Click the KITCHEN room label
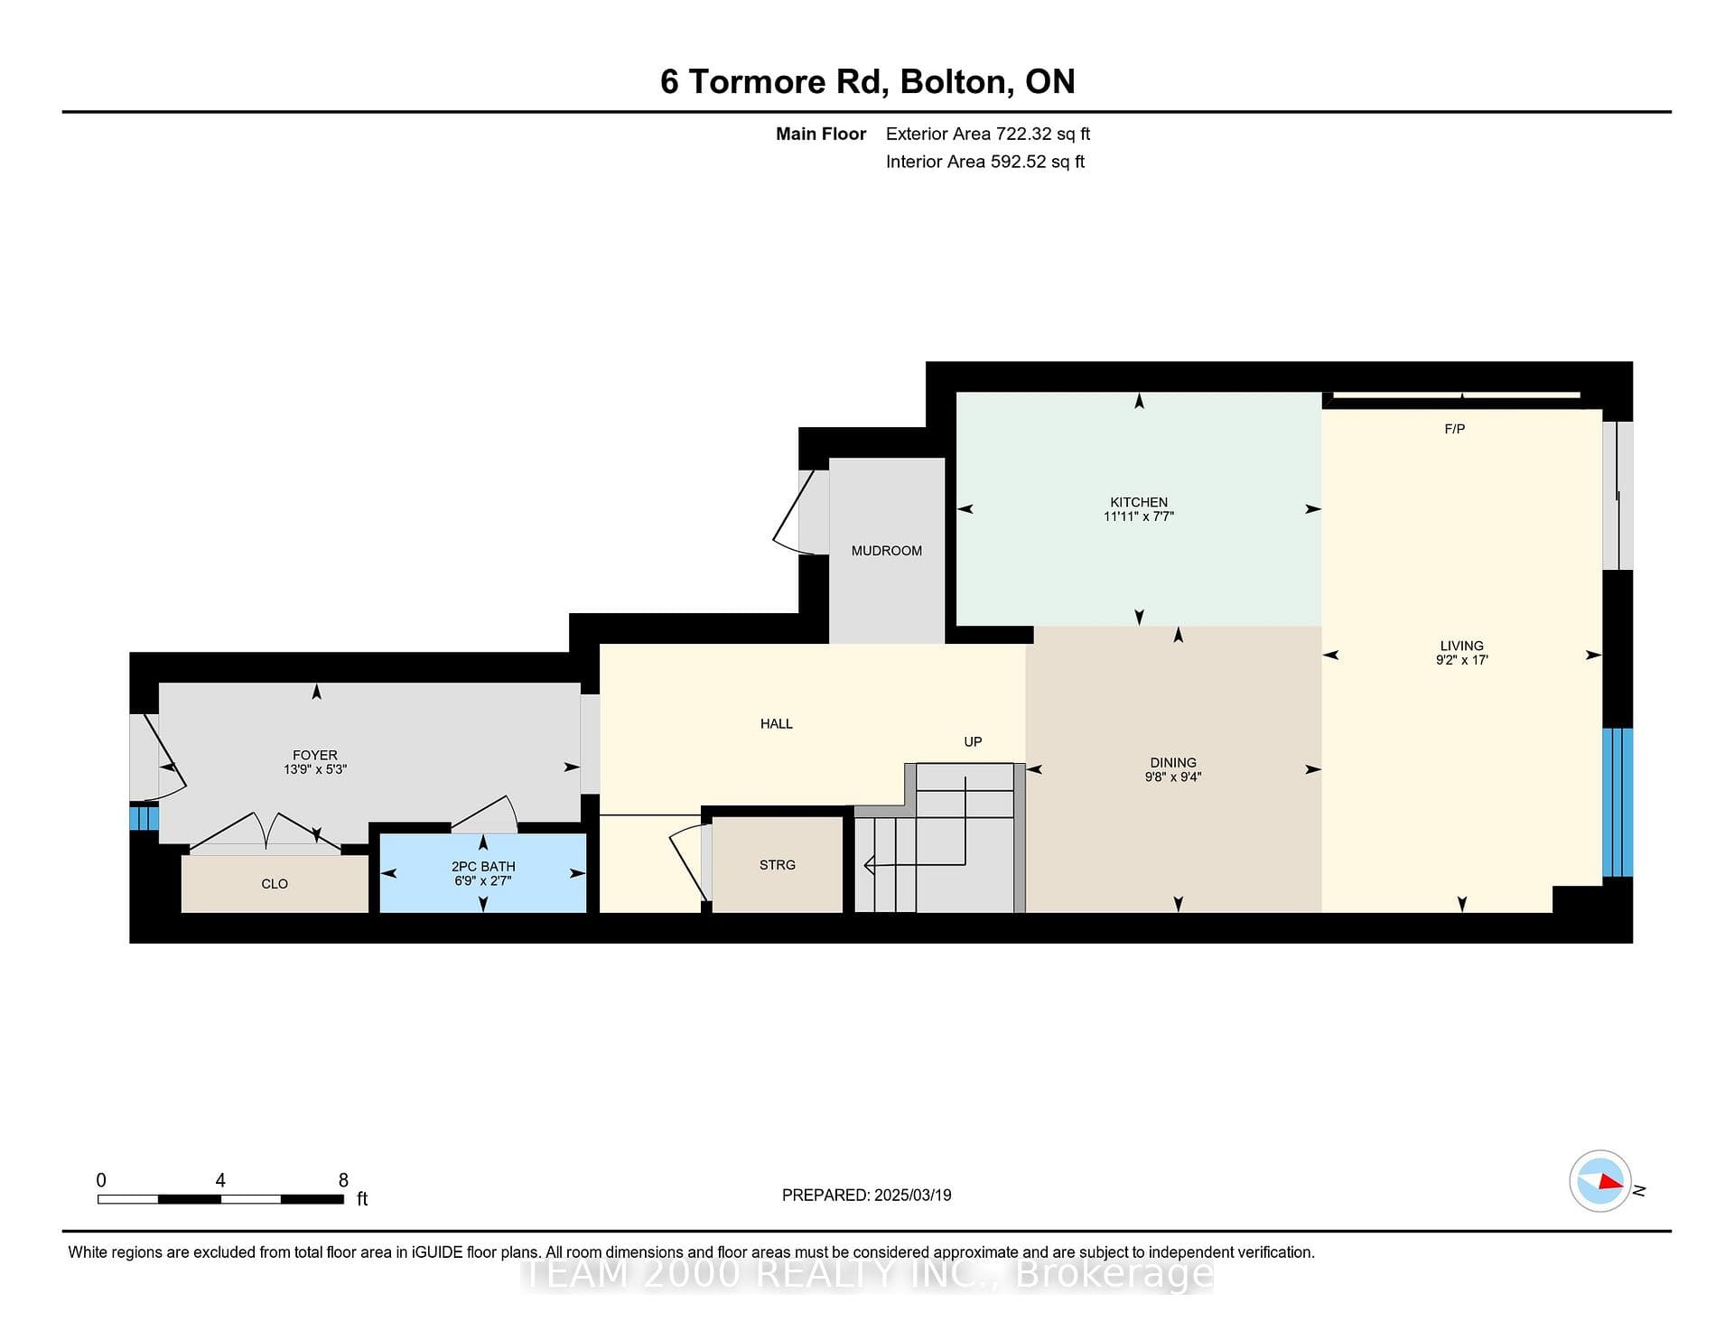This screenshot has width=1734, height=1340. pos(1139,502)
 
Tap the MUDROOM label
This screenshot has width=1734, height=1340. pos(887,551)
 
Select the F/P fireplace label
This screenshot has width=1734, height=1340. pos(1454,429)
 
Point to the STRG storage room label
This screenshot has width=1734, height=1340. pos(778,865)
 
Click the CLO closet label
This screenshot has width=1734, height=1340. pos(275,884)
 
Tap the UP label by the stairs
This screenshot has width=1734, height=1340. pos(973,741)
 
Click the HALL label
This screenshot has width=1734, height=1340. pos(777,723)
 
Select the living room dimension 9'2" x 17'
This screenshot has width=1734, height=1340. pos(1462,660)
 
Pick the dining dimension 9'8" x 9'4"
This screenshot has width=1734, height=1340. pos(1173,777)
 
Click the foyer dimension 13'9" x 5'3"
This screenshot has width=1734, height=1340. pos(315,769)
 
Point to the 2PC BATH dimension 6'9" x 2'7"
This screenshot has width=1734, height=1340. pos(483,880)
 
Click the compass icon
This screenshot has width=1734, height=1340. pos(1600,1181)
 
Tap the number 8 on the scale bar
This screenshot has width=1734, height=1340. pos(343,1180)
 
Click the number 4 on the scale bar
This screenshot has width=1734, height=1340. pos(220,1180)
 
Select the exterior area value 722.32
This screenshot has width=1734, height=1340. pos(1024,134)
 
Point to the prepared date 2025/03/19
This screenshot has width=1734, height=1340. pos(913,1195)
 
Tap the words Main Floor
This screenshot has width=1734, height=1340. pos(821,134)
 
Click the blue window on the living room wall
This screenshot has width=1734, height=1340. pos(1617,802)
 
